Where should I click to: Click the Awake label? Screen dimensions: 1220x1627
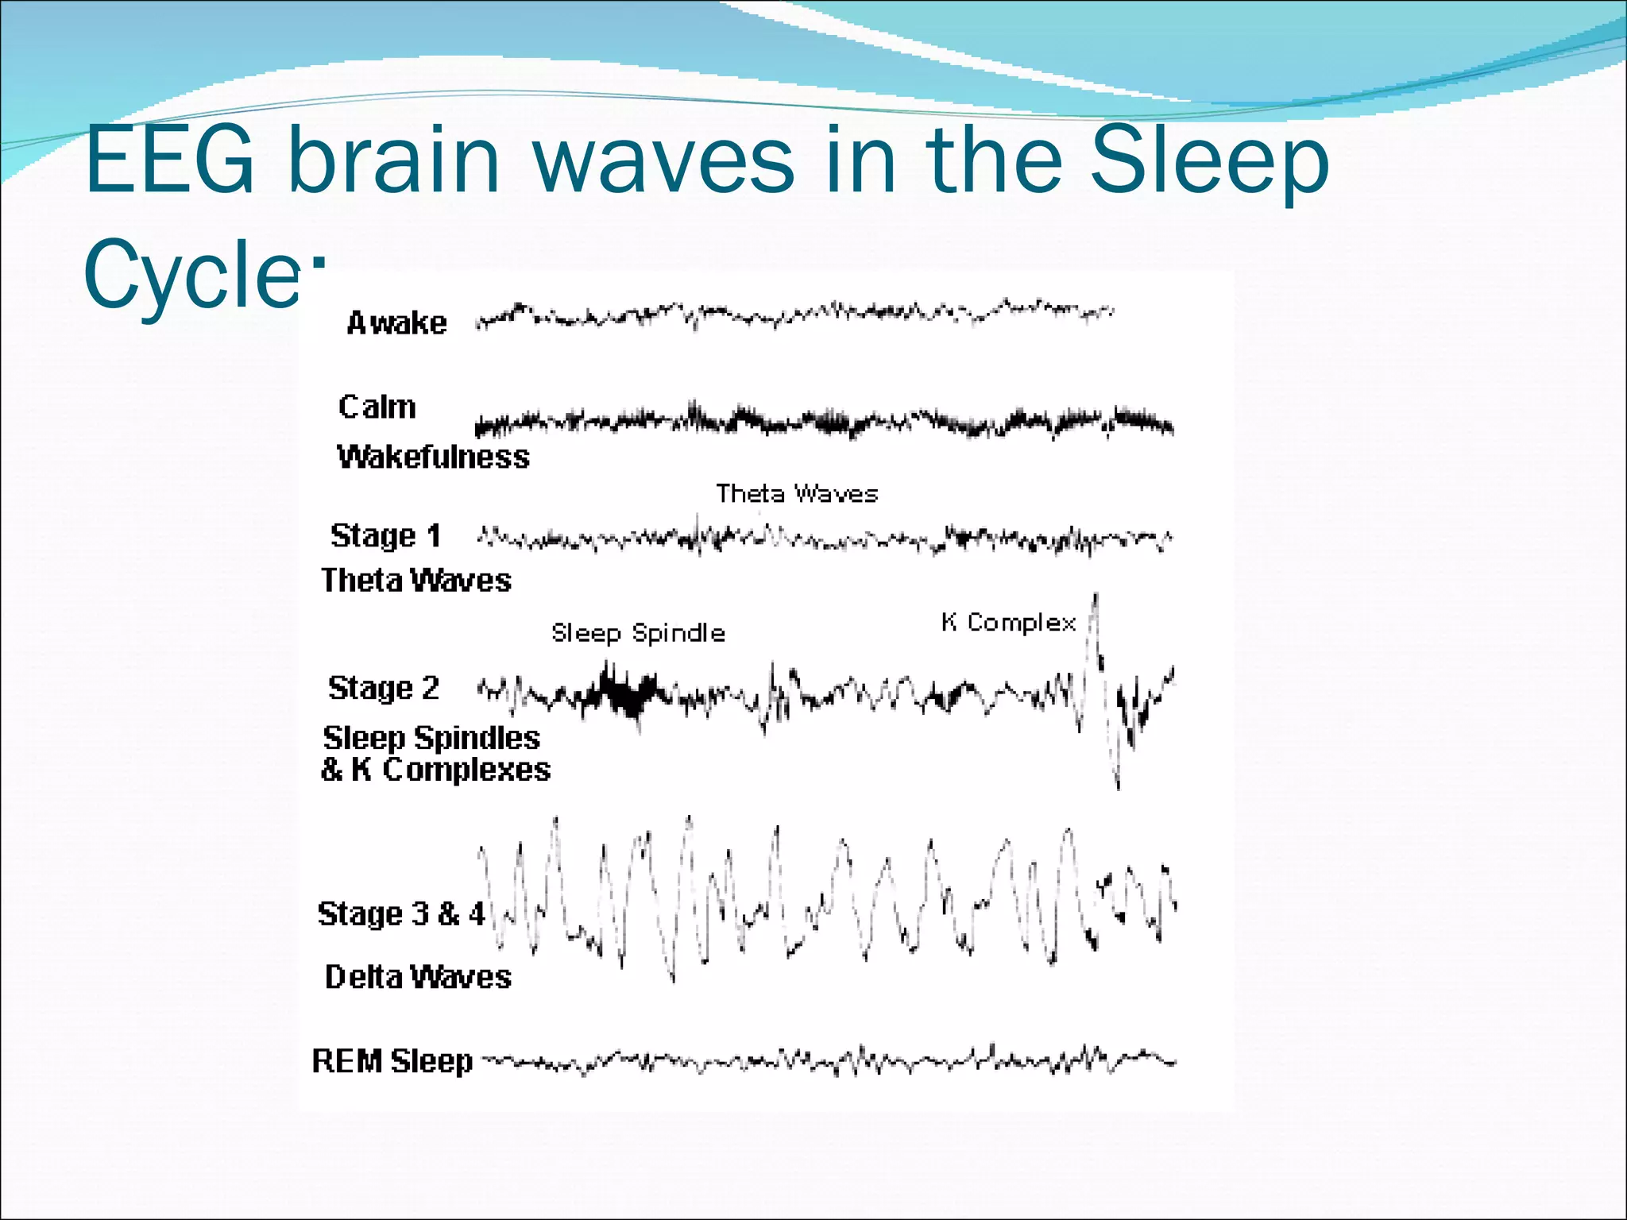coord(396,323)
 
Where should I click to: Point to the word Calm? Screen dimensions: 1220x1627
coord(377,407)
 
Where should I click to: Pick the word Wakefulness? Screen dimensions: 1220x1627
coord(433,457)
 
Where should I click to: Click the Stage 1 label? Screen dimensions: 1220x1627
coord(385,536)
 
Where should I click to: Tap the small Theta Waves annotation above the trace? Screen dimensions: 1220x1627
coord(797,494)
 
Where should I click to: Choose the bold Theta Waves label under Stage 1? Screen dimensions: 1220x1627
coord(415,581)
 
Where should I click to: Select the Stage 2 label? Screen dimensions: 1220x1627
coord(383,688)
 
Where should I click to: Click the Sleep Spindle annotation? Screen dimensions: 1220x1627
coord(638,633)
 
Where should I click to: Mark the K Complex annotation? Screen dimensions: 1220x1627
coord(1008,623)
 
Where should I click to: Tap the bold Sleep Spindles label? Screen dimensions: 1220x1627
coord(431,738)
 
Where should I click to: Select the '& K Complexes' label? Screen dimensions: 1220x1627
coord(435,770)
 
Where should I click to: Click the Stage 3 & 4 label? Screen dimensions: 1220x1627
coord(400,914)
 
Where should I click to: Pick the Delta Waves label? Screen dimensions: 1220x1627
coord(418,977)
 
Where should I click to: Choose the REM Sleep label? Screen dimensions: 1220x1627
coord(392,1061)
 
